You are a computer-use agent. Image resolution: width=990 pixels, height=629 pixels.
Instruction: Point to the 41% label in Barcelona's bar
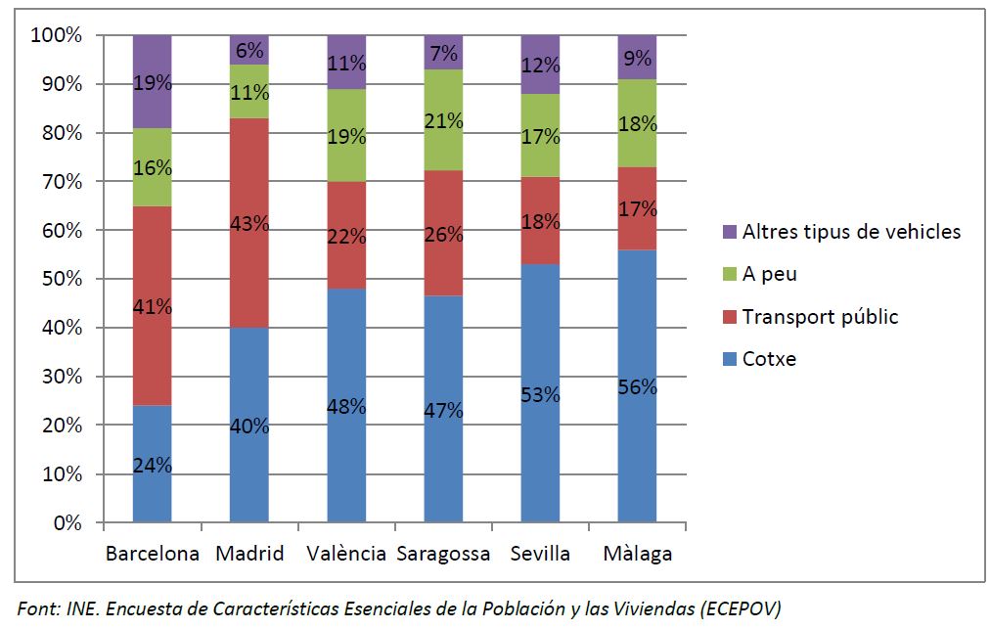pos(153,306)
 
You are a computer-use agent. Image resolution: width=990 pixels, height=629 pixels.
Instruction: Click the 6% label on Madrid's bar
pos(249,51)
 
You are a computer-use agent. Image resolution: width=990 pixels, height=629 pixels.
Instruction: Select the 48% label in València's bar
pos(346,406)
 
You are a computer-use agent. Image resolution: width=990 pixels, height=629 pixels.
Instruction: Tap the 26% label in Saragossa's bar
pos(443,235)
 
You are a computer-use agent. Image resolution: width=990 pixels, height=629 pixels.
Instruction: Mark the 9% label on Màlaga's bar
pos(637,59)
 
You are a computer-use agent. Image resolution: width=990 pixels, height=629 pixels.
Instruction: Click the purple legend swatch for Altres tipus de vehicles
pos(728,232)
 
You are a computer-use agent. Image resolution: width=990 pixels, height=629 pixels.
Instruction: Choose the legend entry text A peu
pos(769,274)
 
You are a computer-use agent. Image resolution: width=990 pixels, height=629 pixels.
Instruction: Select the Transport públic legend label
pos(820,316)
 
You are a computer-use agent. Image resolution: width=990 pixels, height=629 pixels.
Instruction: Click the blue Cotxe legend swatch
pos(728,359)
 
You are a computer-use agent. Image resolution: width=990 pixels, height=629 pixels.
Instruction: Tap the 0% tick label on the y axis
pos(68,523)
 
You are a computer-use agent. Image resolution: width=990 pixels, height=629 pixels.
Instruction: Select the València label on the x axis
pos(346,554)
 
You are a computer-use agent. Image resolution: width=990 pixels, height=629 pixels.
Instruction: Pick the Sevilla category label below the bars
pos(540,554)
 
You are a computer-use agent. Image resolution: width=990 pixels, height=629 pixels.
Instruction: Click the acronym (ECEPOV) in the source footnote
pos(741,608)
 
